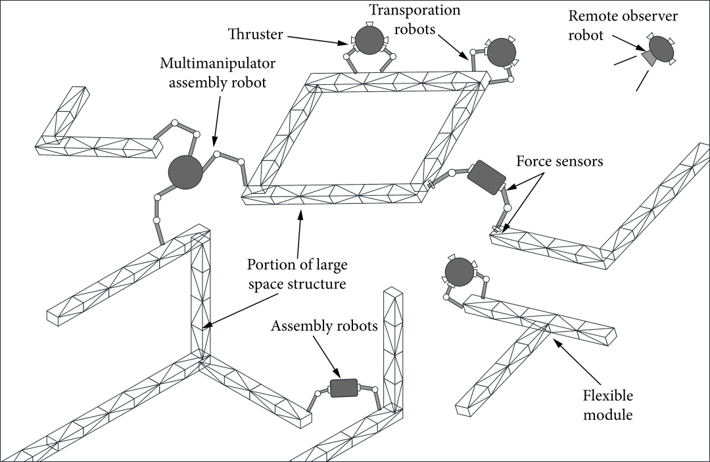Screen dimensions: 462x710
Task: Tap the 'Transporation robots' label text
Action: coord(414,20)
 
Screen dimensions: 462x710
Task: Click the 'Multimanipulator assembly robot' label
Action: coord(218,73)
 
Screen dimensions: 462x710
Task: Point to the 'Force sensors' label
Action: coord(559,161)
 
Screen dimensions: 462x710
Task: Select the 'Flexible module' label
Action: coord(608,405)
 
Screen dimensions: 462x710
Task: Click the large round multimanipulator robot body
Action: coord(185,172)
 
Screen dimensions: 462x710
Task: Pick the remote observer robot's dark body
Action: coord(661,50)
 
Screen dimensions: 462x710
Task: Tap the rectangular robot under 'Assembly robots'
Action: coord(343,388)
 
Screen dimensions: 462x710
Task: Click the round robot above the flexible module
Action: coord(459,271)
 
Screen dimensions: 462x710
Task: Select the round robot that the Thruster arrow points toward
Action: coord(368,40)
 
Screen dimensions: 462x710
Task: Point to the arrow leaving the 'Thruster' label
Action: coord(315,39)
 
